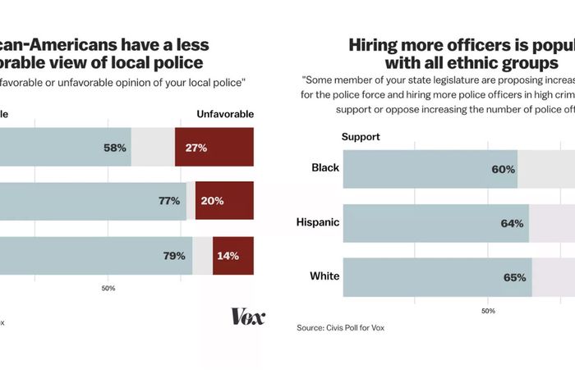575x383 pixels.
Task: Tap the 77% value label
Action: (x=169, y=201)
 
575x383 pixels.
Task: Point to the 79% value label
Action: (x=173, y=256)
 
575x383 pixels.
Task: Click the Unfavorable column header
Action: (x=223, y=114)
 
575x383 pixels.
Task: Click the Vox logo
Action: (x=247, y=317)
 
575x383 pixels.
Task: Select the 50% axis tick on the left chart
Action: (x=108, y=288)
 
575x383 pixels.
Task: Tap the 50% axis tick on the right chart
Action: (x=487, y=311)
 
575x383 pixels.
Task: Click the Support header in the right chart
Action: (x=361, y=137)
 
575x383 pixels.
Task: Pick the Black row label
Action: (x=325, y=168)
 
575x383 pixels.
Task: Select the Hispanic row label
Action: (x=317, y=222)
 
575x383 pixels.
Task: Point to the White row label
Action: (x=324, y=276)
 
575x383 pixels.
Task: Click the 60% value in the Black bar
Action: (x=503, y=170)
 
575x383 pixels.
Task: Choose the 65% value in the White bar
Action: (x=514, y=278)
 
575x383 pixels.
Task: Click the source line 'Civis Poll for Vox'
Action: (x=340, y=328)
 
